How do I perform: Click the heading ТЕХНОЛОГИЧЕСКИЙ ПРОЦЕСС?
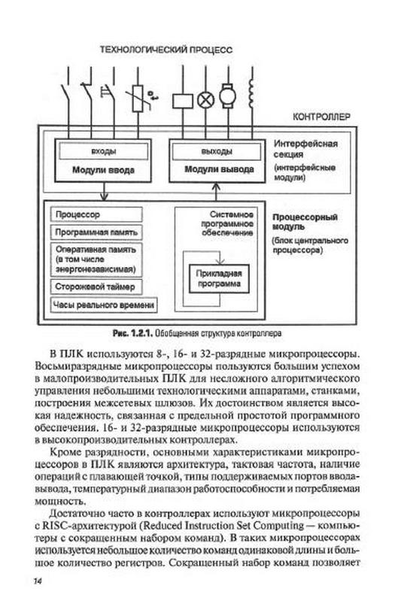pyautogui.click(x=166, y=50)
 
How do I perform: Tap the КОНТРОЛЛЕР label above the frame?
pyautogui.click(x=321, y=117)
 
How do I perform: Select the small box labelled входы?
pyautogui.click(x=103, y=151)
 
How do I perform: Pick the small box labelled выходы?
pyautogui.click(x=217, y=151)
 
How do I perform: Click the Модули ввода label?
pyautogui.click(x=103, y=170)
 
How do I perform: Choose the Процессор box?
pyautogui.click(x=96, y=214)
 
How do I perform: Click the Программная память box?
pyautogui.click(x=96, y=232)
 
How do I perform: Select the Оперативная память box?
pyautogui.click(x=96, y=259)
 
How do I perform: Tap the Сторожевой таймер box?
pyautogui.click(x=96, y=287)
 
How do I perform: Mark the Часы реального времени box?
pyautogui.click(x=104, y=305)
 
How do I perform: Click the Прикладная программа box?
pyautogui.click(x=219, y=278)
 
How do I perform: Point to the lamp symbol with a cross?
pyautogui.click(x=205, y=100)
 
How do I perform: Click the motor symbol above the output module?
pyautogui.click(x=228, y=96)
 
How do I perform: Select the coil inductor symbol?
pyautogui.click(x=251, y=93)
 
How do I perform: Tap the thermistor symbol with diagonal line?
pyautogui.click(x=138, y=99)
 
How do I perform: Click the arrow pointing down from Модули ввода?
pyautogui.click(x=103, y=191)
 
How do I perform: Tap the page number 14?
pyautogui.click(x=38, y=581)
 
